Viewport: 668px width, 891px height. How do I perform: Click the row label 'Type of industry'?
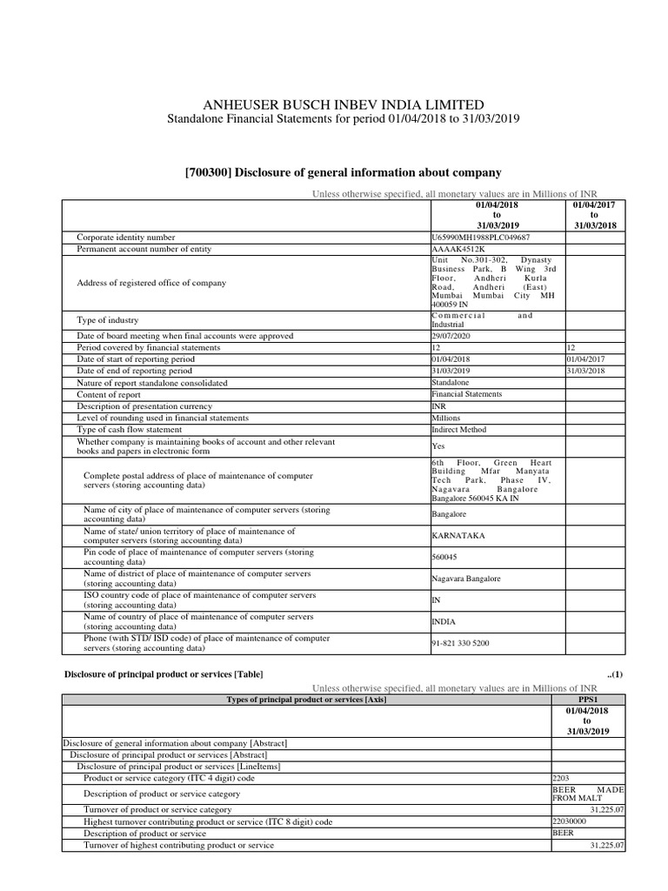(108, 321)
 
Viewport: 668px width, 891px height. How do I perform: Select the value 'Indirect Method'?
(458, 430)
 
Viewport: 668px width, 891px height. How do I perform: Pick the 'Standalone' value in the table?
(451, 383)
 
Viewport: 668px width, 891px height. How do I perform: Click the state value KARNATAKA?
(458, 535)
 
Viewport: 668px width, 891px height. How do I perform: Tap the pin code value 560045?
(444, 557)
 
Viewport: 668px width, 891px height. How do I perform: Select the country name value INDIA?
(444, 622)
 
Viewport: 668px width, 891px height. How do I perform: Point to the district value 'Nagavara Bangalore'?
(466, 579)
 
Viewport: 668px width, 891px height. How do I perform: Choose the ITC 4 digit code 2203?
(562, 778)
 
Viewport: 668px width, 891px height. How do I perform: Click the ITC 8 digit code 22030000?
(570, 821)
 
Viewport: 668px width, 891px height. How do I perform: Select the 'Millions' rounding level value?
(448, 418)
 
